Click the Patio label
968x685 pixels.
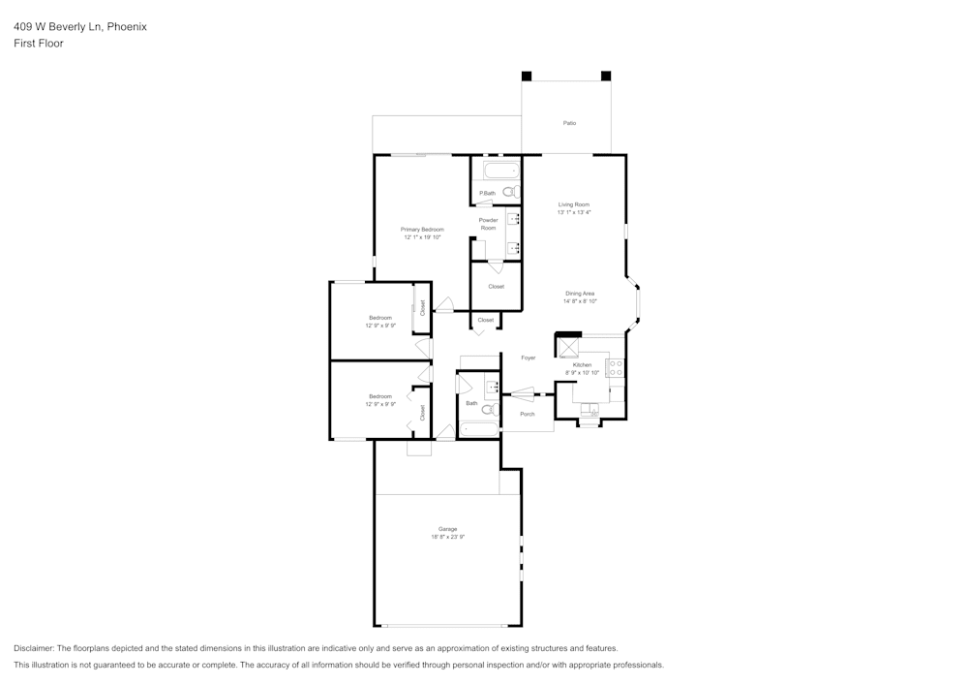[569, 123]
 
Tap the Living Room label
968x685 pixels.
[573, 204]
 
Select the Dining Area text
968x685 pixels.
[580, 294]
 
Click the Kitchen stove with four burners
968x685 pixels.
[615, 368]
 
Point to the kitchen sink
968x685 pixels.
[589, 410]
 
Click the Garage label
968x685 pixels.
[447, 529]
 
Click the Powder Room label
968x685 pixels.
[488, 224]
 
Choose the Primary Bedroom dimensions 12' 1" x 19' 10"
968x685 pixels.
[422, 237]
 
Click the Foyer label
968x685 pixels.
[528, 358]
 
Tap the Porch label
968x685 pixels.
[527, 414]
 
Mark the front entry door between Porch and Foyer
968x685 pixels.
[520, 393]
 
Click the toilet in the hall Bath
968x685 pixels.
[489, 409]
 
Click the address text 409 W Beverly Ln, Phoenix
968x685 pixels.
[80, 27]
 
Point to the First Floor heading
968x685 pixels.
[39, 44]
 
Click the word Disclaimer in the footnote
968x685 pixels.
[35, 648]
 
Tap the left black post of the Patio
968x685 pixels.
[527, 76]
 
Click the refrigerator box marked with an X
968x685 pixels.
[566, 347]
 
